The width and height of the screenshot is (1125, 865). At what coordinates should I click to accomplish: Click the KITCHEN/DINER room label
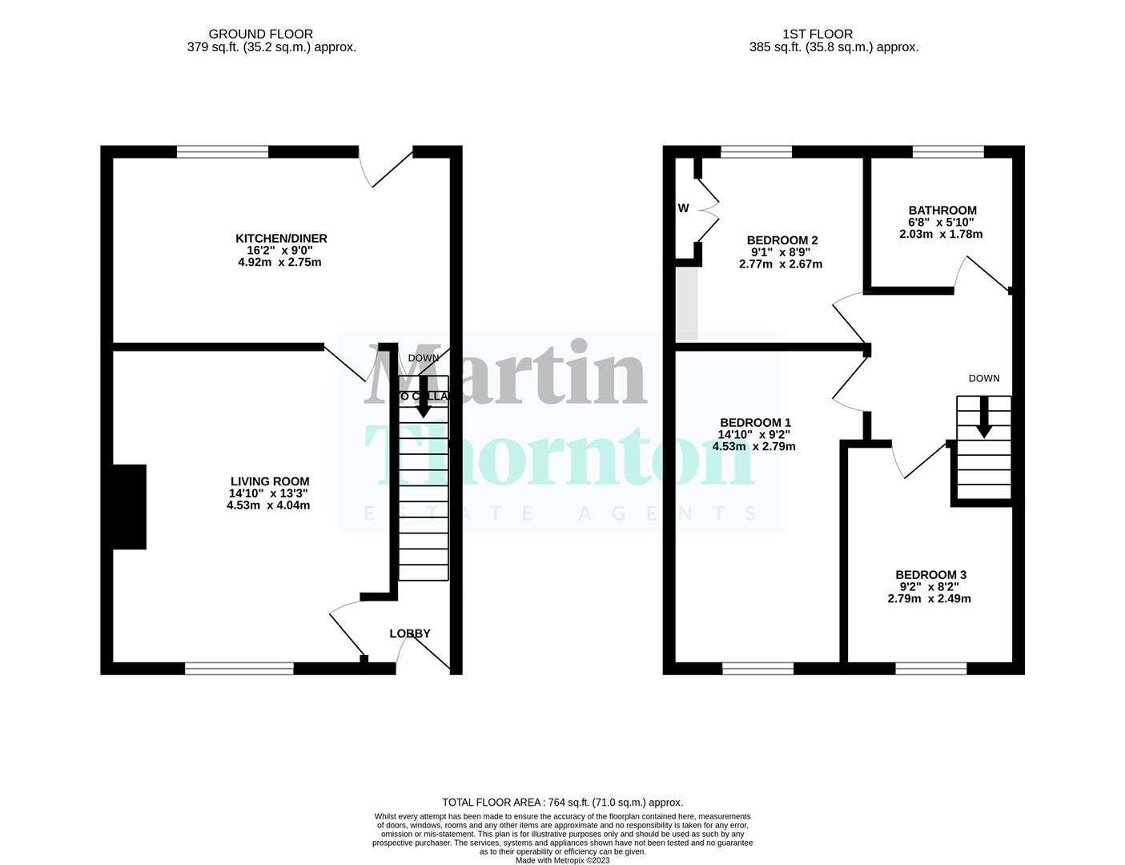click(x=280, y=239)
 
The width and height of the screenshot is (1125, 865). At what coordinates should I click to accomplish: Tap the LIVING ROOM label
click(x=269, y=481)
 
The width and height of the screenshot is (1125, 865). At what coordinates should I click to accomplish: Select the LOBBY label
click(x=410, y=634)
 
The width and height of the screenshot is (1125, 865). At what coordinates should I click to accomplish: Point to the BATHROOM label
click(x=942, y=211)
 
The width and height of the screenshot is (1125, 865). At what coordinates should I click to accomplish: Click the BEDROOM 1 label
click(x=755, y=423)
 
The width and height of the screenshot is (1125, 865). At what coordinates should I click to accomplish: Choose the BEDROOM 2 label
click(x=781, y=240)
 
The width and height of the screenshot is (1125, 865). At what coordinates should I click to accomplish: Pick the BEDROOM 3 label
click(x=930, y=575)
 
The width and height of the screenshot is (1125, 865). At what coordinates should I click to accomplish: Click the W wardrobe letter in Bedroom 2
click(x=683, y=208)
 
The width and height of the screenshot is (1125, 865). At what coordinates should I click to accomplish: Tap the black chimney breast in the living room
click(x=129, y=507)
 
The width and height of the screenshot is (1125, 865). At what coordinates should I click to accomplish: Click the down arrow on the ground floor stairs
click(x=422, y=399)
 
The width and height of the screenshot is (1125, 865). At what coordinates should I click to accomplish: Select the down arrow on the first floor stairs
click(x=983, y=420)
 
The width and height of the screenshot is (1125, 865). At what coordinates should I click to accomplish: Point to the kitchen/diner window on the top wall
click(x=223, y=151)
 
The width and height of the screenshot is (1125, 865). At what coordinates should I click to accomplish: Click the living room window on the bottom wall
click(x=239, y=669)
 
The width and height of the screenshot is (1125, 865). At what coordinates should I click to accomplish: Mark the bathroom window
click(x=948, y=151)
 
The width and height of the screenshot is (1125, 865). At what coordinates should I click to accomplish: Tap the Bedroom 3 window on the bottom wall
click(x=930, y=669)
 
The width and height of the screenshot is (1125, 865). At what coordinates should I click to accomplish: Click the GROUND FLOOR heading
click(x=260, y=34)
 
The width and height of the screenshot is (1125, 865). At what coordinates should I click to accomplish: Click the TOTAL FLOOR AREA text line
click(x=562, y=802)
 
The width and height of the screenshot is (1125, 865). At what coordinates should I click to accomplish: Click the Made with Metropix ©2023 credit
click(x=562, y=860)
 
